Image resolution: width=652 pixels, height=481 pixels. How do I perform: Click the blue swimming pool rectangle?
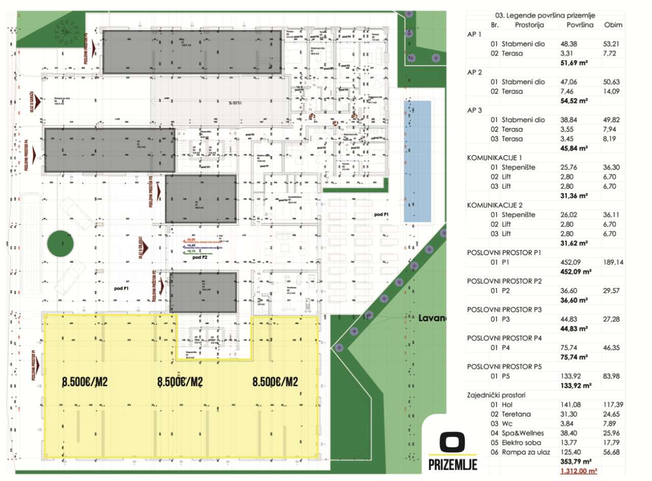click(417, 161)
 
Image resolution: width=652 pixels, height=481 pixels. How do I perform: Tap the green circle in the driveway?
click(60, 245)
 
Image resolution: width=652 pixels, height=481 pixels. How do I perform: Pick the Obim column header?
click(613, 25)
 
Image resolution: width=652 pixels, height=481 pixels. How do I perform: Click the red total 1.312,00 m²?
click(579, 471)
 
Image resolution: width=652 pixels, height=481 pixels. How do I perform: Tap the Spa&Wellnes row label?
click(524, 433)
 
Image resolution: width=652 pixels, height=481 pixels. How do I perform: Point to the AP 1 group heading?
click(474, 34)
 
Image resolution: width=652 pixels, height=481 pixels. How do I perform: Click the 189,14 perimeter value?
click(613, 262)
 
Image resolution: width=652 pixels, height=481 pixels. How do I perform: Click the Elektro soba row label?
click(522, 442)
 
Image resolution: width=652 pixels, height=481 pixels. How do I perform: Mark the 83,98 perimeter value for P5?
click(613, 376)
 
